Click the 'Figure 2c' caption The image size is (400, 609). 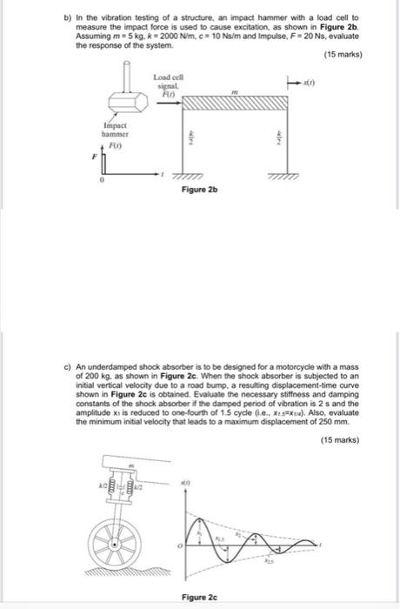(x=199, y=597)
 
